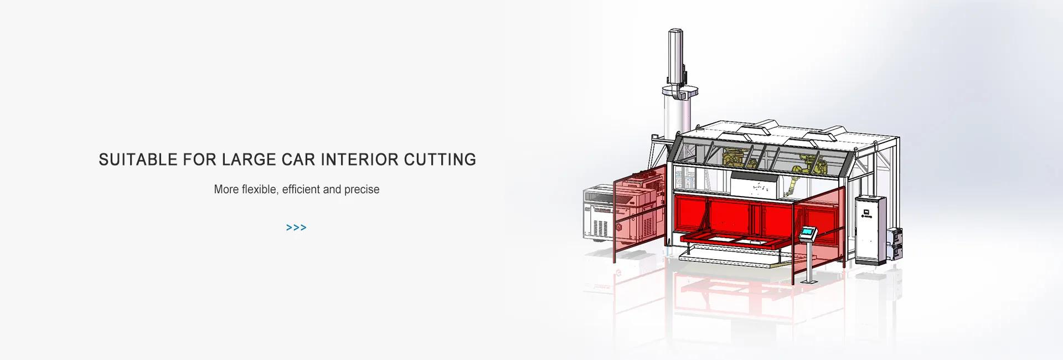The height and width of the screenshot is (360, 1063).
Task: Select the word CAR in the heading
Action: pyautogui.click(x=298, y=160)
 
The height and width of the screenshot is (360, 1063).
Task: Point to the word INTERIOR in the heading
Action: pyautogui.click(x=360, y=160)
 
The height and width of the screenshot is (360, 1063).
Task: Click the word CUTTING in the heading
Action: pyautogui.click(x=440, y=160)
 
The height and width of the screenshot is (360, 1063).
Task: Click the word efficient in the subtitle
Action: pyautogui.click(x=301, y=189)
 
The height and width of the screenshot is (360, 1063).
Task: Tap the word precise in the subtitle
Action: pyautogui.click(x=362, y=190)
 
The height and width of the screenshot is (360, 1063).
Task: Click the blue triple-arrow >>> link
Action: pyautogui.click(x=296, y=228)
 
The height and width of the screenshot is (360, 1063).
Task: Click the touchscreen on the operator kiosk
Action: pyautogui.click(x=808, y=232)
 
